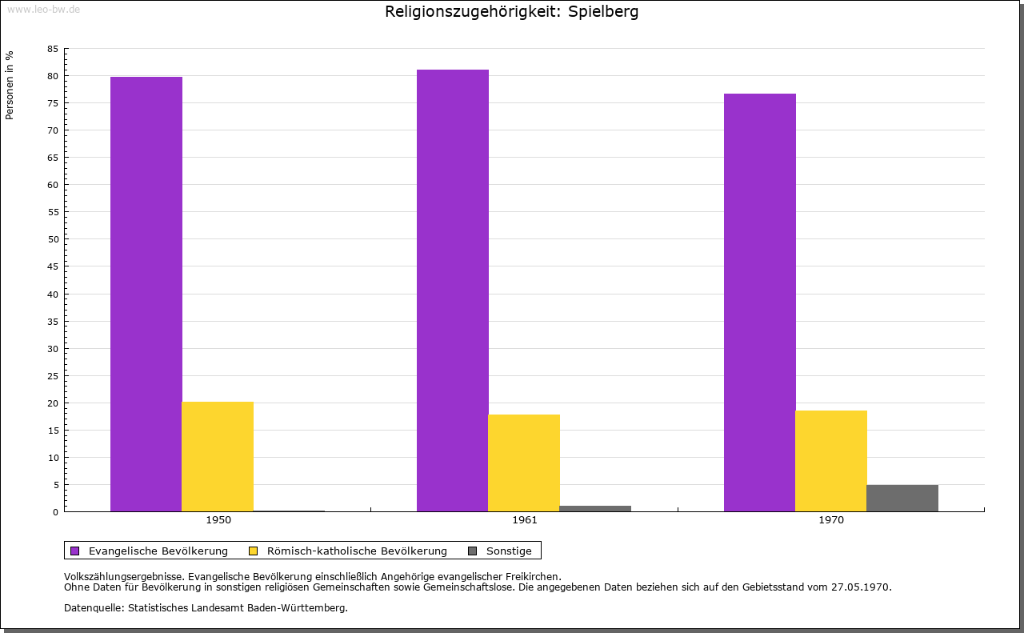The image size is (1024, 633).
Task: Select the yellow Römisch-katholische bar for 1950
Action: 218,456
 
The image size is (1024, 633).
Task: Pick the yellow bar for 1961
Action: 524,463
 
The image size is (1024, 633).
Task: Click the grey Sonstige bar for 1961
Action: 595,508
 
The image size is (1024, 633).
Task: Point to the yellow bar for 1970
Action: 831,461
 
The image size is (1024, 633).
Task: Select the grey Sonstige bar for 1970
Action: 902,498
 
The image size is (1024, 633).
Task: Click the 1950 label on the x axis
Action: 218,520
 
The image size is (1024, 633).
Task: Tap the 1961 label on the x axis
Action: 525,520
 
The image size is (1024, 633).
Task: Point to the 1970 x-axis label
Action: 831,520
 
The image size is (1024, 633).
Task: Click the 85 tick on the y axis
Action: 53,49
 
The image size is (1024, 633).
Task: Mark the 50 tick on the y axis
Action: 53,239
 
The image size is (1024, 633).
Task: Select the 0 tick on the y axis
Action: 55,512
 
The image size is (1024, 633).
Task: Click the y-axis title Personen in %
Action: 10,85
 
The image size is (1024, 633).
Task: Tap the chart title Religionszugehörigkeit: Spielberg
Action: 512,12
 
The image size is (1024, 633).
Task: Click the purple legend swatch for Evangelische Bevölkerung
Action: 75,551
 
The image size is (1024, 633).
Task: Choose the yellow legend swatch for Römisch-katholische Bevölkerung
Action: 254,551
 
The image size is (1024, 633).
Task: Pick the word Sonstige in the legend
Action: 509,551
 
